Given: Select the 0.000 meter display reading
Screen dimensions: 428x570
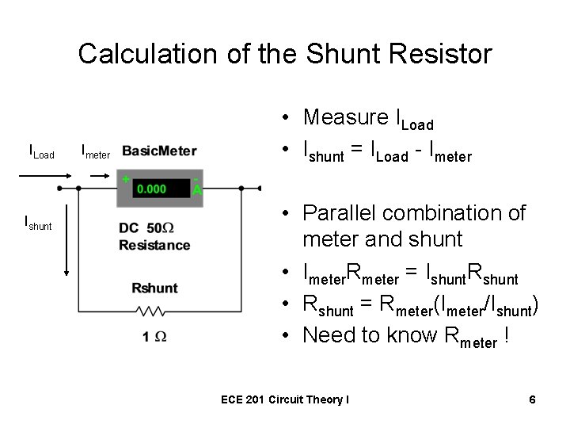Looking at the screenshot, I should [151, 189].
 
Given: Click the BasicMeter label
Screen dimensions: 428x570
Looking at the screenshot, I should [160, 151].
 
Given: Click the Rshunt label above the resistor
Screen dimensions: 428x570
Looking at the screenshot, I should [154, 287].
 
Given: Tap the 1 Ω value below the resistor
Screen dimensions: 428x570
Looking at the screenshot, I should [154, 336].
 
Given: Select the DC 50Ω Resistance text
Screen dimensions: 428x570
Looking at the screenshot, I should [154, 236].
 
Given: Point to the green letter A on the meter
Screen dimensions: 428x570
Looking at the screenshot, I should [197, 190].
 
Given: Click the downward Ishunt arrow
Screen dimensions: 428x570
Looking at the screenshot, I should [66, 246].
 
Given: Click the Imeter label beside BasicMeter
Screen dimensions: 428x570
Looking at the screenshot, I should [96, 151].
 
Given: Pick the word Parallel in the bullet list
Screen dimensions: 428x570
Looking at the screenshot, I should [339, 213].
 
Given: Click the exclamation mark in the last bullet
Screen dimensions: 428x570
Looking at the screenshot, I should [506, 335].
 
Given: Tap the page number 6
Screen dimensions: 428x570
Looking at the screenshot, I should [533, 399].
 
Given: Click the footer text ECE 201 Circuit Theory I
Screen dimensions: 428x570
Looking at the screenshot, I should [284, 400].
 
